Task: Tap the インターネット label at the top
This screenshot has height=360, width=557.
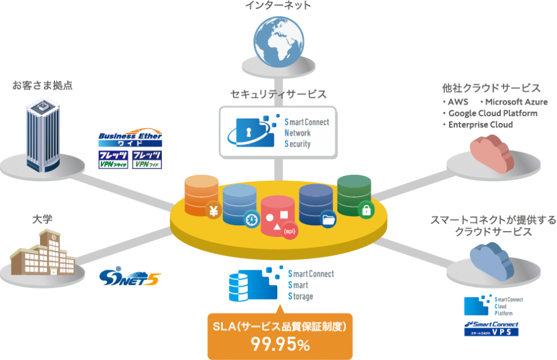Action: coord(278,6)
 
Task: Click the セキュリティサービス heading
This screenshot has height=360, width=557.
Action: coord(278,94)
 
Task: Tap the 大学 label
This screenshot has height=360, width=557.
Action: coord(42,219)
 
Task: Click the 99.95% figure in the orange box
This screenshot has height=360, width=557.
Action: coord(280,345)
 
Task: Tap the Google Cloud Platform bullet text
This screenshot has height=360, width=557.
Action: coord(493,114)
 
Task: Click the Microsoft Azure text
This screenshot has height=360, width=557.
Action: coord(508,103)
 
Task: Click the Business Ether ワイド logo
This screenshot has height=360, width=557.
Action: coord(130,138)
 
